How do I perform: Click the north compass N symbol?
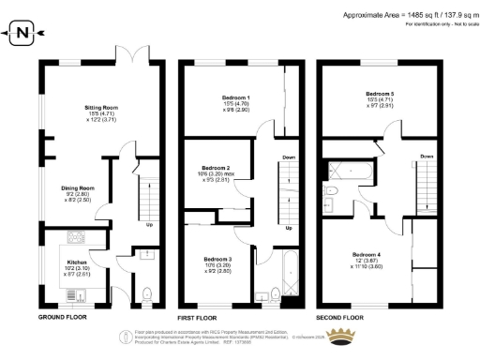point(22,35)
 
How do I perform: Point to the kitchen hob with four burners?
point(77,236)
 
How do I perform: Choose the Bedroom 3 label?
point(217,258)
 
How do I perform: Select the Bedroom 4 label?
point(367,254)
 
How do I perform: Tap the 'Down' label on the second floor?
point(426,156)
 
